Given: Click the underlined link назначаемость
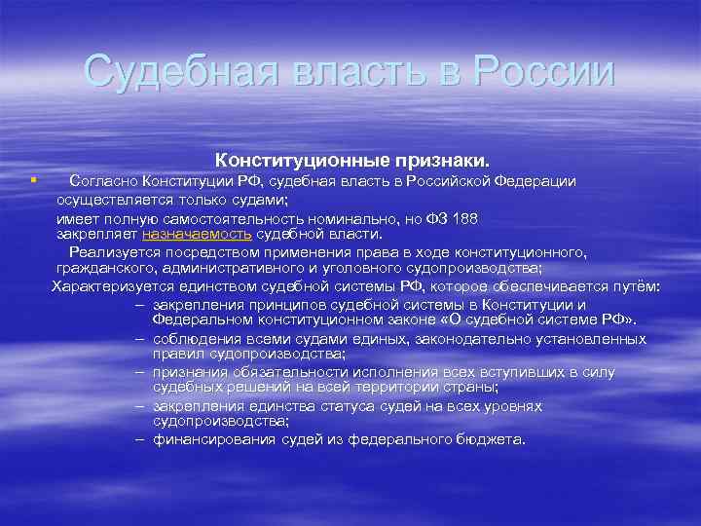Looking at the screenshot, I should (x=197, y=234).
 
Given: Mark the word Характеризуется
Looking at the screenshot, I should (x=111, y=286).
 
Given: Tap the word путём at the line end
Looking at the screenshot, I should (x=638, y=286).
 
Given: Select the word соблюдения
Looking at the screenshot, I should (x=192, y=338).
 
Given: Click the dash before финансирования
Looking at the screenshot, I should (x=141, y=439).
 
